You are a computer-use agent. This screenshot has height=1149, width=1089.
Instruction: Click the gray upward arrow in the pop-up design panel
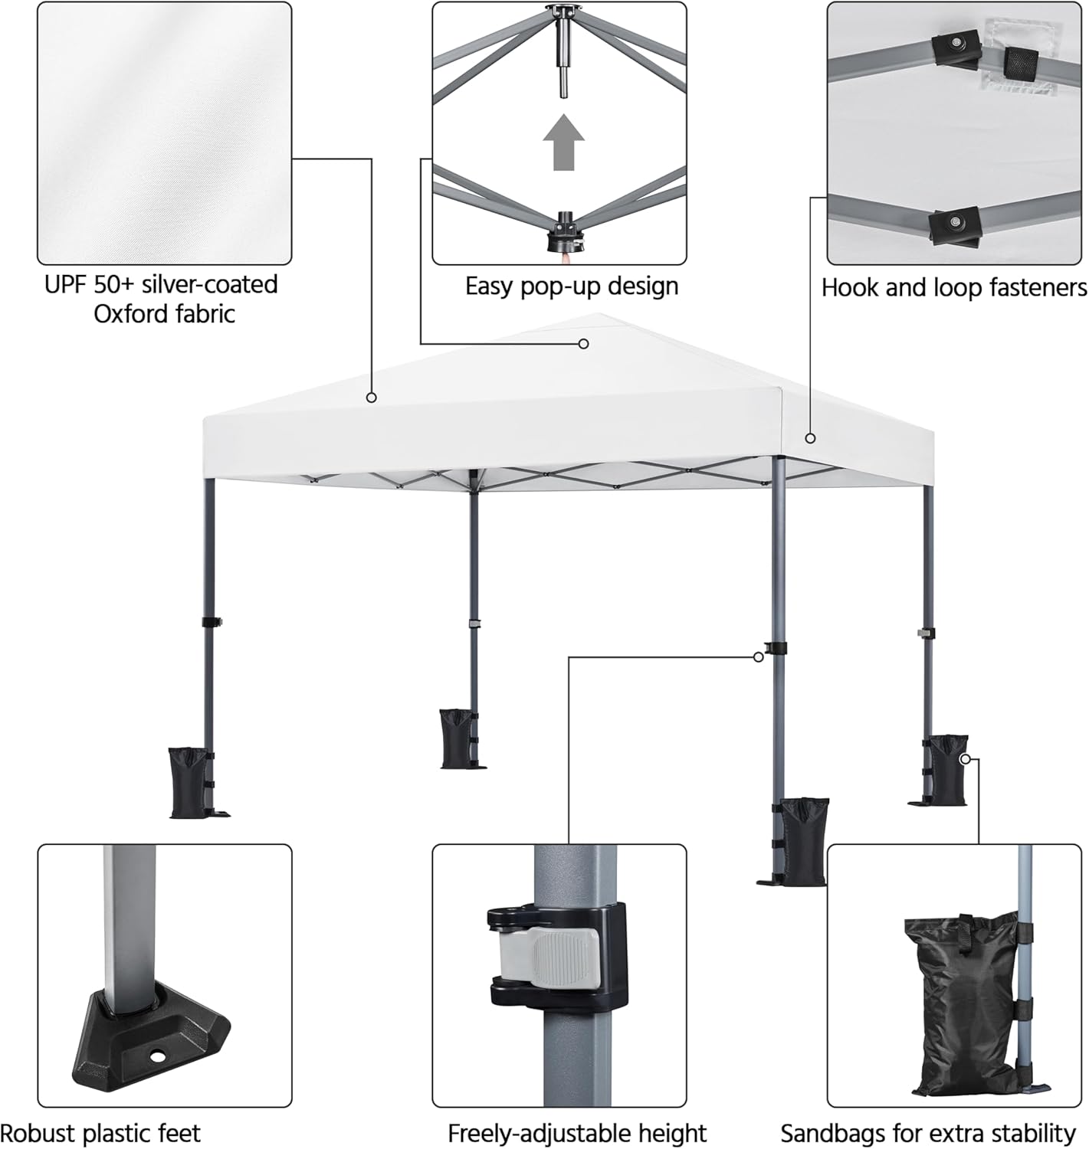point(563,142)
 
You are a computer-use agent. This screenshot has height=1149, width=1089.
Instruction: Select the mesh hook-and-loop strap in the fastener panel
point(1021,62)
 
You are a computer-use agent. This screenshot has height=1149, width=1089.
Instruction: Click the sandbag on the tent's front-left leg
point(189,783)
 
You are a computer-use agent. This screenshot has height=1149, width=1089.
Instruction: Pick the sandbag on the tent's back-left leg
point(456,738)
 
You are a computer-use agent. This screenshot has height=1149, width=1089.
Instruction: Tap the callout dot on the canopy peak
point(583,344)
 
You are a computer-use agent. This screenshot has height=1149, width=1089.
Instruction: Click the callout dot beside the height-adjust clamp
point(758,657)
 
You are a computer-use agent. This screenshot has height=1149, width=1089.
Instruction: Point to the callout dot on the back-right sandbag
point(966,759)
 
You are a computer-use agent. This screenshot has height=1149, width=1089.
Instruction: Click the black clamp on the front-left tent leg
point(212,622)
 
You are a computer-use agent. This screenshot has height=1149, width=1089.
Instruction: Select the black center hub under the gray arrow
point(565,231)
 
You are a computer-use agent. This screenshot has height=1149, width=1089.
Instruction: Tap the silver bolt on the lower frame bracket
point(954,221)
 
